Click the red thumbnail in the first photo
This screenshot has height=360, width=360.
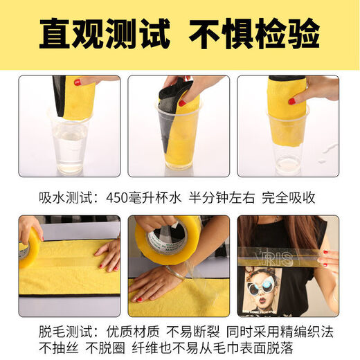tap(78, 82)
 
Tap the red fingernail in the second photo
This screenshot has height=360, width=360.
tap(182, 103)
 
